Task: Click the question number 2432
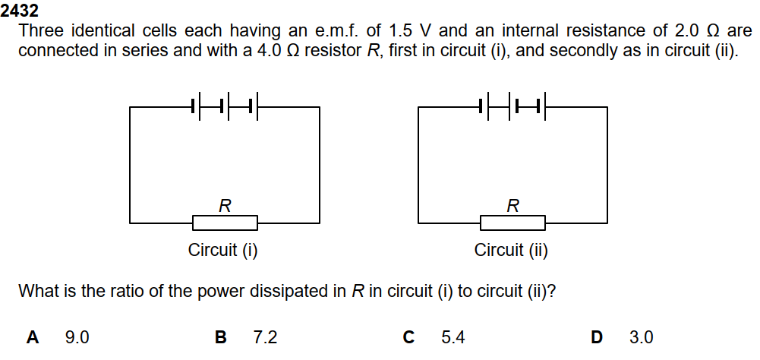point(20,11)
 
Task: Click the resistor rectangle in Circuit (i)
point(225,223)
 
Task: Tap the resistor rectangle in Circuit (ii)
point(512,223)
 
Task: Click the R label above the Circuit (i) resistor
point(225,205)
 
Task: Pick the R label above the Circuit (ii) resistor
point(513,205)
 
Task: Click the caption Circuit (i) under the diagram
point(223,251)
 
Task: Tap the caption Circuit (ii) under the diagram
point(511,251)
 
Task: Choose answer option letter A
point(33,337)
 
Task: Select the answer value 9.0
point(77,337)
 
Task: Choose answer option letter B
point(221,337)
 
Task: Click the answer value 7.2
point(266,337)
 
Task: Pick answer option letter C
point(408,337)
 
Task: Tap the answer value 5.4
point(453,337)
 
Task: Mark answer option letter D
point(597,337)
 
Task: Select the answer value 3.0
point(642,337)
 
